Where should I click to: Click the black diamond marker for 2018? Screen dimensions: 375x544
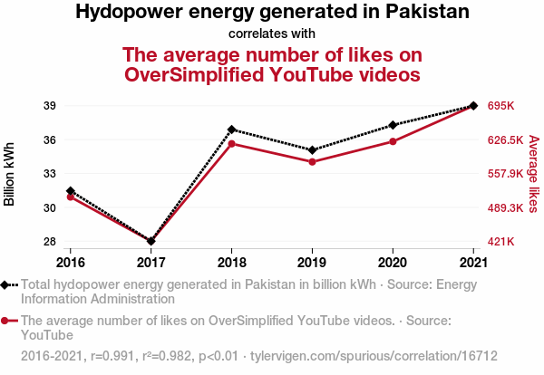[x=232, y=130]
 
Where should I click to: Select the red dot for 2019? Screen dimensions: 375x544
[x=312, y=162]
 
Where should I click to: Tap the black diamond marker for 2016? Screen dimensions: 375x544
[x=71, y=191]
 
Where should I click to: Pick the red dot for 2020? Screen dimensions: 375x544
[x=393, y=141]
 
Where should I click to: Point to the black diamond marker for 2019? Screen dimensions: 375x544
[x=312, y=150]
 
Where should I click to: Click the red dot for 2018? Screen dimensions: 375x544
[x=232, y=144]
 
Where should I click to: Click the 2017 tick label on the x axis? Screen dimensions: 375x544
[x=151, y=263]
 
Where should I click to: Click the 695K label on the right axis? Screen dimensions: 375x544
[x=501, y=106]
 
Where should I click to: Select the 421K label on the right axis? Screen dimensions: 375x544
[x=501, y=242]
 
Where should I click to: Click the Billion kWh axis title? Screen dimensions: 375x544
[x=10, y=174]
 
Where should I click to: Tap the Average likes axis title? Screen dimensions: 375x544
[x=533, y=174]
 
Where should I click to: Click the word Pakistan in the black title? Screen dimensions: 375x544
[x=424, y=13]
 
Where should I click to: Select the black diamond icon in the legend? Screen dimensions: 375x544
[x=7, y=284]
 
